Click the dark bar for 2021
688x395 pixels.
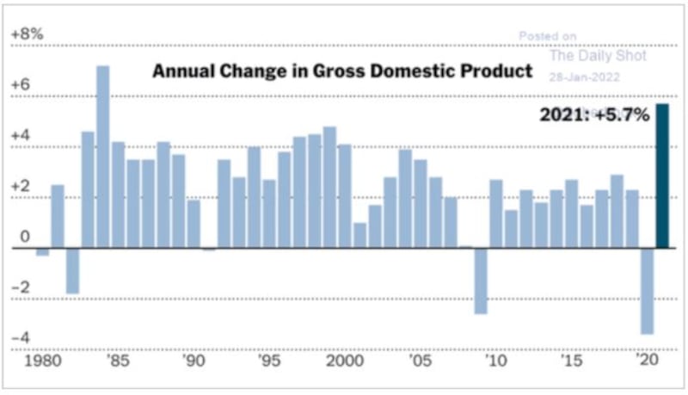tap(662, 176)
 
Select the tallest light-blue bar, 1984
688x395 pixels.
tap(103, 157)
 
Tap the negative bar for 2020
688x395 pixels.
tap(648, 292)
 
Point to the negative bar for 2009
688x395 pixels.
tap(481, 281)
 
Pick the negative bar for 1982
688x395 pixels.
tap(73, 271)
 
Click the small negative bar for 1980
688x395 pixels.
tap(42, 252)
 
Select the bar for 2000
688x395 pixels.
tap(345, 196)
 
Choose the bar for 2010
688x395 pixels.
tap(496, 213)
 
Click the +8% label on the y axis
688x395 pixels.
tap(28, 34)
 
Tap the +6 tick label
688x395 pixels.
tap(21, 84)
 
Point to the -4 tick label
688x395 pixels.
tap(21, 337)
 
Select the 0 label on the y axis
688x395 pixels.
tap(25, 237)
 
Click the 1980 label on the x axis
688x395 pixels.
tap(42, 361)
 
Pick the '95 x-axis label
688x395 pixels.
tap(269, 361)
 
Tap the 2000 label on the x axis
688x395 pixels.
tap(345, 361)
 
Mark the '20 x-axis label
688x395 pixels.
tap(648, 360)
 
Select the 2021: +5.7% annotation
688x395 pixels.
tap(594, 115)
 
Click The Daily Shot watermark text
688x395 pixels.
tap(598, 56)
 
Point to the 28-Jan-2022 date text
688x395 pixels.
tap(584, 77)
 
